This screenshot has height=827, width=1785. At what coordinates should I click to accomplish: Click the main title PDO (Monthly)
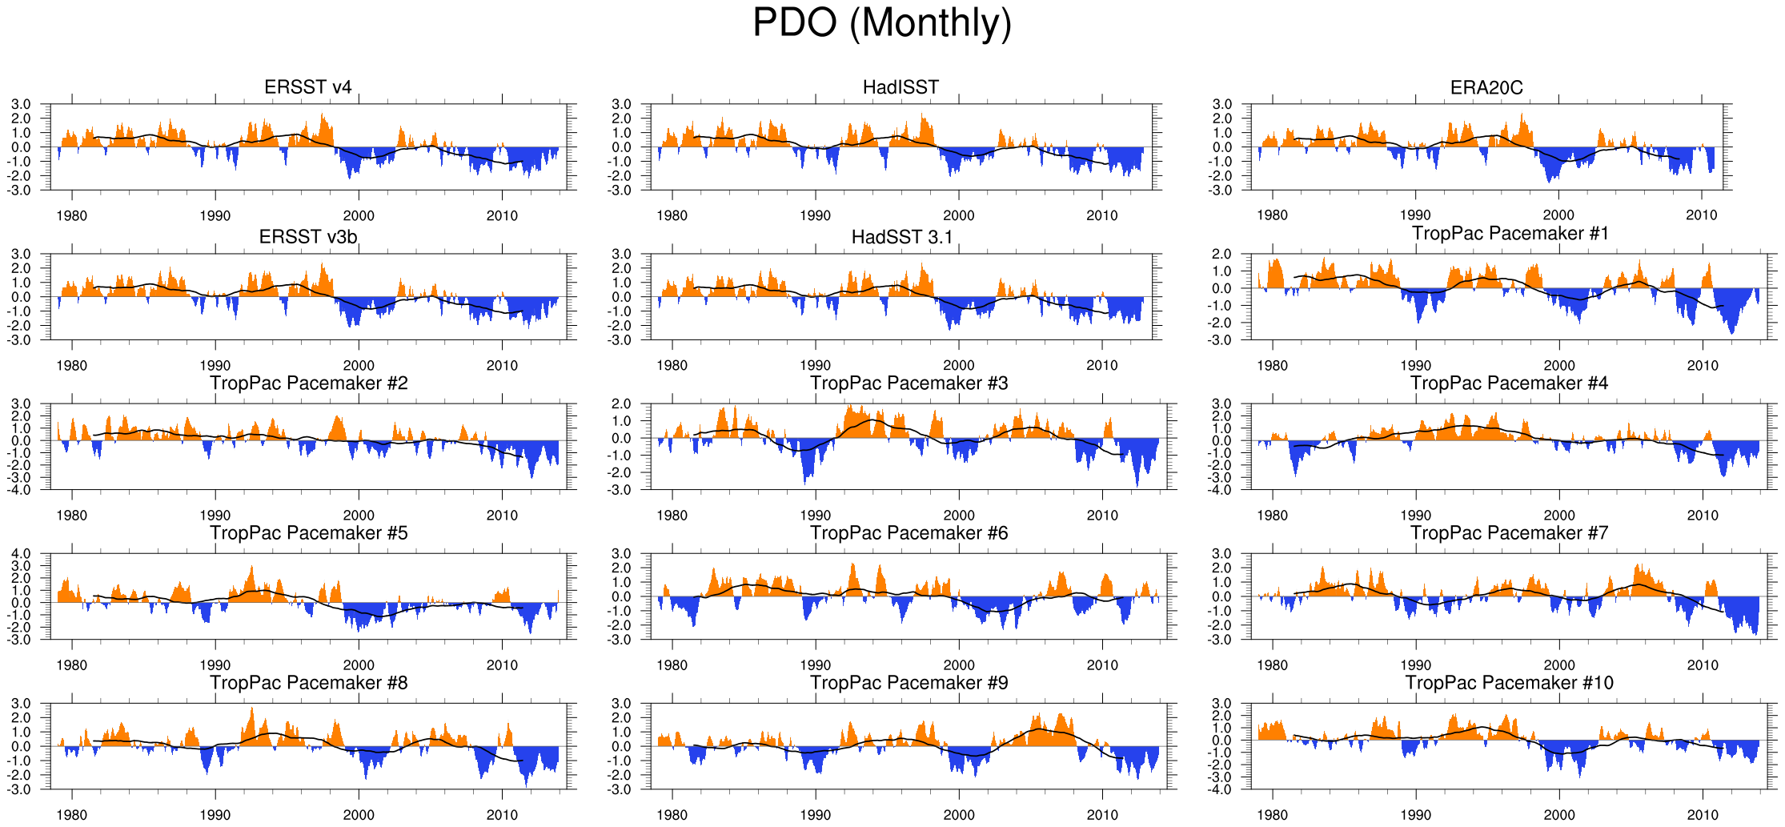882,22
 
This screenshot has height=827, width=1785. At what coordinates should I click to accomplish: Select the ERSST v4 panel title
308,87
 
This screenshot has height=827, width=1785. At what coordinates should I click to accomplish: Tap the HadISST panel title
901,87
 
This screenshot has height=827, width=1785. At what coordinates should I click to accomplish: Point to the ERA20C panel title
1486,87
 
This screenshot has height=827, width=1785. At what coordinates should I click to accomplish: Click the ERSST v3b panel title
308,237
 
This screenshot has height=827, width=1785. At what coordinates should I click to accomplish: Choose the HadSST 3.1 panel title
902,237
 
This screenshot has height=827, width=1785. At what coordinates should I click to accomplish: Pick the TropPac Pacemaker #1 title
1510,233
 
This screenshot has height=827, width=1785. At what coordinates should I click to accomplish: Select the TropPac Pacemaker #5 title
308,533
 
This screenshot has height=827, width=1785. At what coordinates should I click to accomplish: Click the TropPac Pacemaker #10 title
1510,683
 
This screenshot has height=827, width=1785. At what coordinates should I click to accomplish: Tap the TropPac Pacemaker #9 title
909,683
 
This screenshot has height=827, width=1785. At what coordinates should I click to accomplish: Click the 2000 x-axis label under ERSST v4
359,215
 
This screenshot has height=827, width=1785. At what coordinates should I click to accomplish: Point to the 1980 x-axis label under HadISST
672,215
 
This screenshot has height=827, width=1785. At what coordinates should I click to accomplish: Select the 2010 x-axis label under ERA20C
1702,215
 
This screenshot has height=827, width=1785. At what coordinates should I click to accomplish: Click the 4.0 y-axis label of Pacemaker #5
21,553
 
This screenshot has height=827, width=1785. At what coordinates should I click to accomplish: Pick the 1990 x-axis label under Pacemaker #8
215,815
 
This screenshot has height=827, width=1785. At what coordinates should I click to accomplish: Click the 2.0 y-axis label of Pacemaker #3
621,403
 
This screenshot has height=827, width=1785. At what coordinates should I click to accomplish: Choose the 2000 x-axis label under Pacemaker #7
1558,665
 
